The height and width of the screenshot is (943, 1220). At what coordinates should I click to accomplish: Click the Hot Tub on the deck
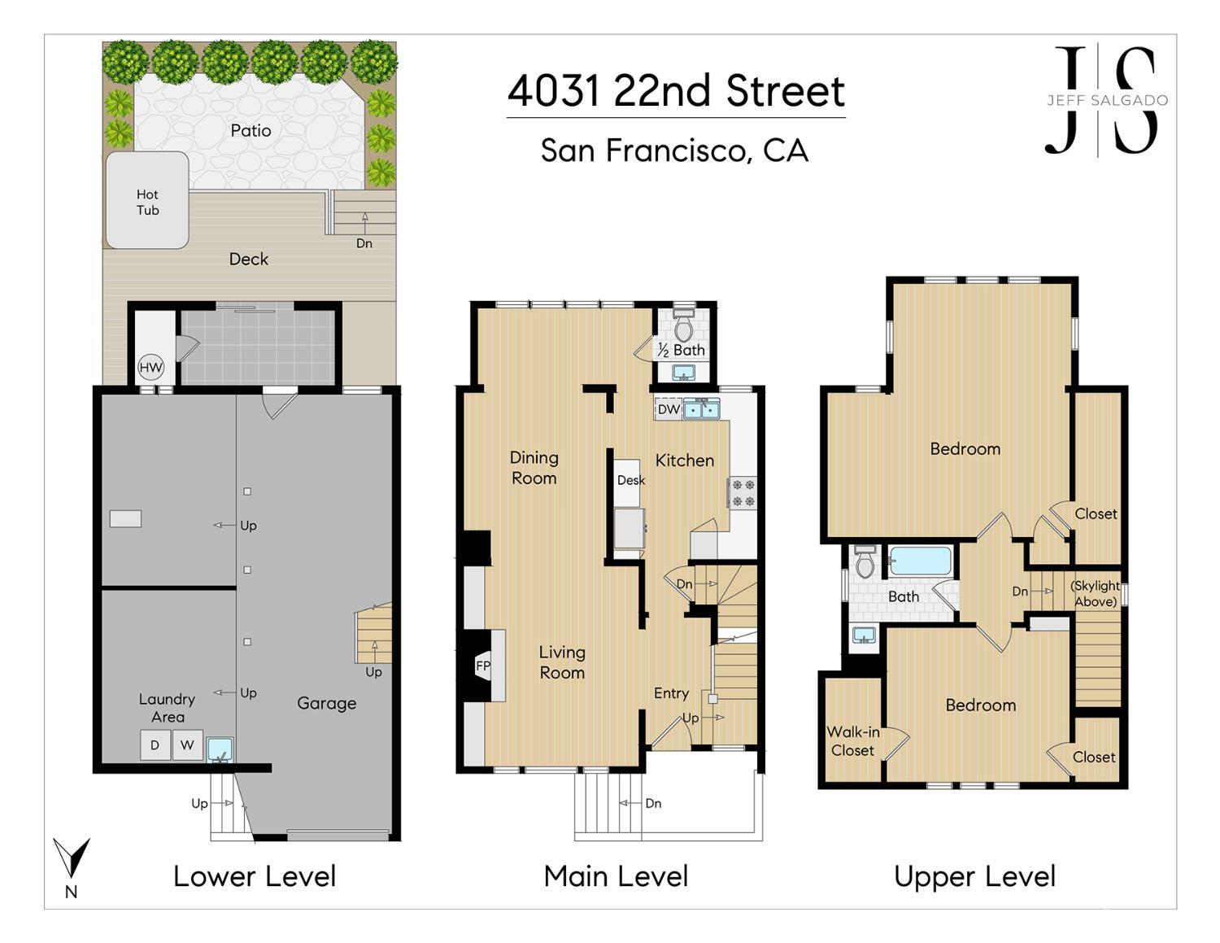coord(147,200)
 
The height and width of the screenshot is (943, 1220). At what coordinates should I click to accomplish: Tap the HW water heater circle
coord(150,368)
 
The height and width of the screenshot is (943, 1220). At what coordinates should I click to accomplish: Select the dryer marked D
coord(155,744)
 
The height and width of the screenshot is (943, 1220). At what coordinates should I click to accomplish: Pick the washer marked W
coord(188,744)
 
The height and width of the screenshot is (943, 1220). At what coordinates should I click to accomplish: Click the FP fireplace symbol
coord(482,666)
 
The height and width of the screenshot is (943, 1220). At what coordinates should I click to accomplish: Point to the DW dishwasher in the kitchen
coord(668,409)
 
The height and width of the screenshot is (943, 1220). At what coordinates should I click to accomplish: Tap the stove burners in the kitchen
coord(743,492)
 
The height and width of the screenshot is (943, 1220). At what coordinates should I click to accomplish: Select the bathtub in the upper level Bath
coord(920,561)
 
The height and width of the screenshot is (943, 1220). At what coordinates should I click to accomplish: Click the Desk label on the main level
coord(631,480)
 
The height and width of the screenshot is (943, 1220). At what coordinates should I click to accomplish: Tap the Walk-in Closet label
coord(853,741)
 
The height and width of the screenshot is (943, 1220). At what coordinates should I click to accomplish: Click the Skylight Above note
coord(1096,594)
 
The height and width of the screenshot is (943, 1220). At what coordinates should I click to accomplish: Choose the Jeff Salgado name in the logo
coord(1107,101)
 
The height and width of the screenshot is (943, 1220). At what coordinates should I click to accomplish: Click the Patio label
coord(251,131)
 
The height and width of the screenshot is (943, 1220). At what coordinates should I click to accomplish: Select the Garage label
coord(326,703)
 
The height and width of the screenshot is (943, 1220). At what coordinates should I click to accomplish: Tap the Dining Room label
coord(534,468)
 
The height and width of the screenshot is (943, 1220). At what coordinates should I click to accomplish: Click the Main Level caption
coord(616,877)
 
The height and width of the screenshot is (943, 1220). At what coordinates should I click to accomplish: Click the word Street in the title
coord(786,91)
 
